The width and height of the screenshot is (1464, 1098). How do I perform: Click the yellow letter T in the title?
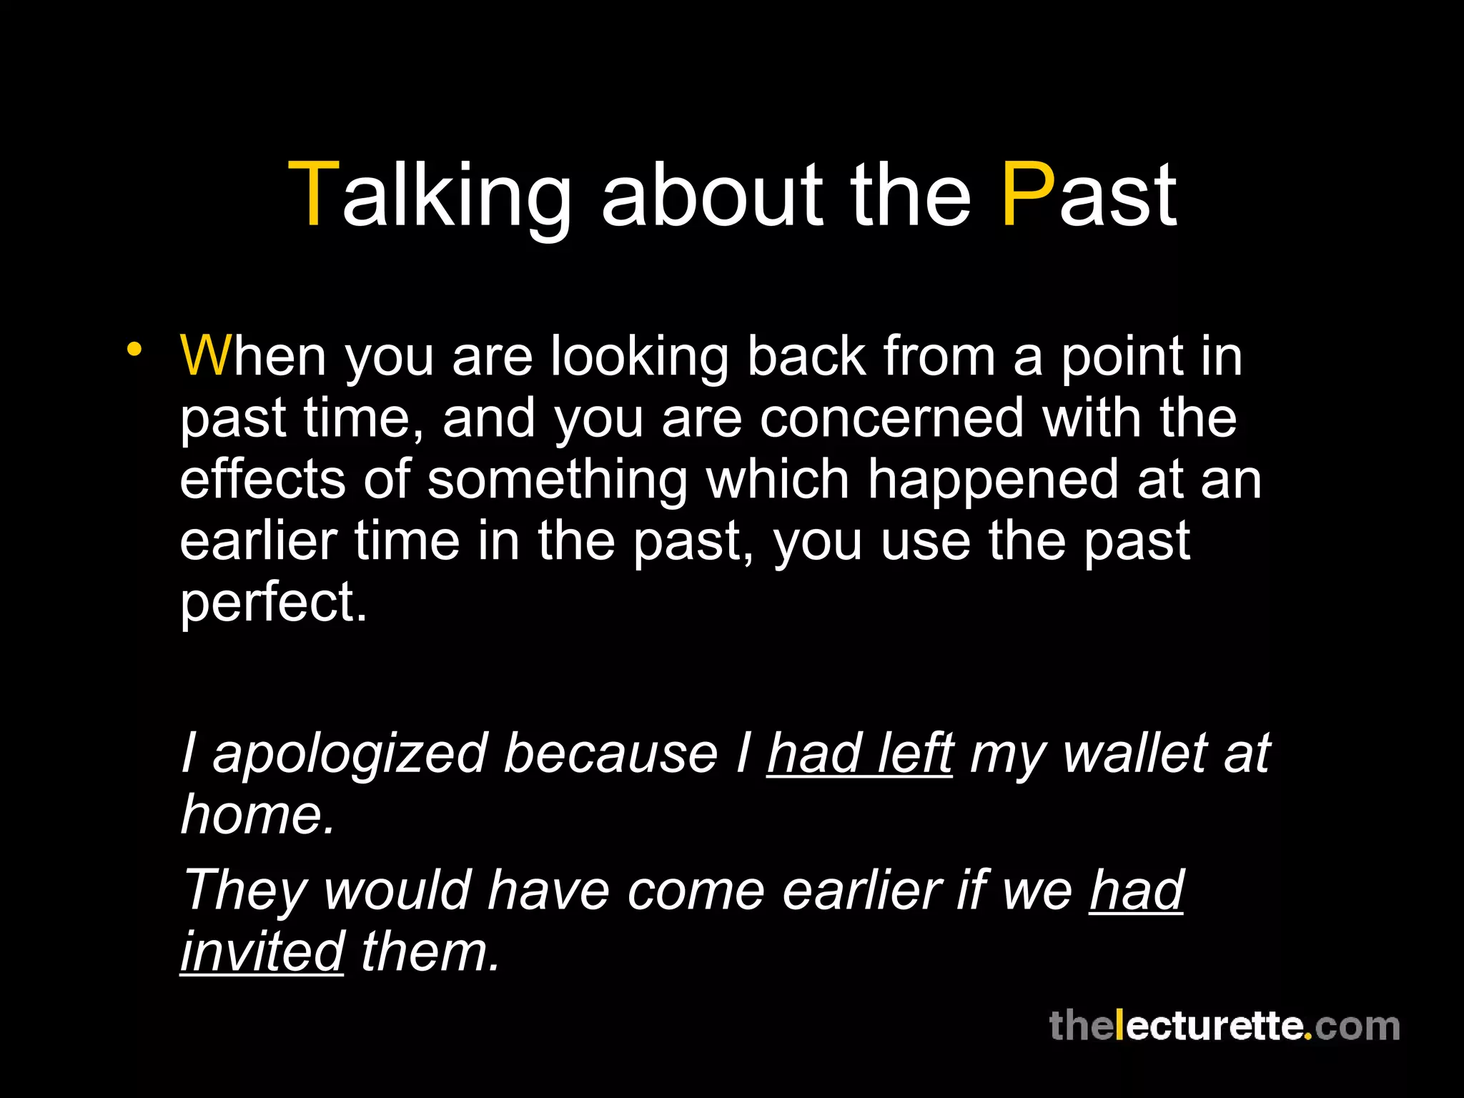tap(313, 194)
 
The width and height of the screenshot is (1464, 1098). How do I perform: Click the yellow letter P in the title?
tap(1027, 194)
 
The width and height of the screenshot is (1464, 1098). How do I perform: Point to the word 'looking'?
tap(638, 357)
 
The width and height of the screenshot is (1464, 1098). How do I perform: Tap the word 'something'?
tap(557, 480)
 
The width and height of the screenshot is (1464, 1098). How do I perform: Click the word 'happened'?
tap(993, 480)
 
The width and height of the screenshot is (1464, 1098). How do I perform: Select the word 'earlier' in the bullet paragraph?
tap(258, 541)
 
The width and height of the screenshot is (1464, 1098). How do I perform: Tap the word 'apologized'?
tap(350, 755)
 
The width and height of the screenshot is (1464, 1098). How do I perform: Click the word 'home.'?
tap(257, 815)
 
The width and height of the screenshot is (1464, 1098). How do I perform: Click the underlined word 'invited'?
tap(262, 952)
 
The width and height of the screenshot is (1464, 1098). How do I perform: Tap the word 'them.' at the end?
tap(430, 952)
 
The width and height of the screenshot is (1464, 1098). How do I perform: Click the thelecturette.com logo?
tap(1224, 1027)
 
